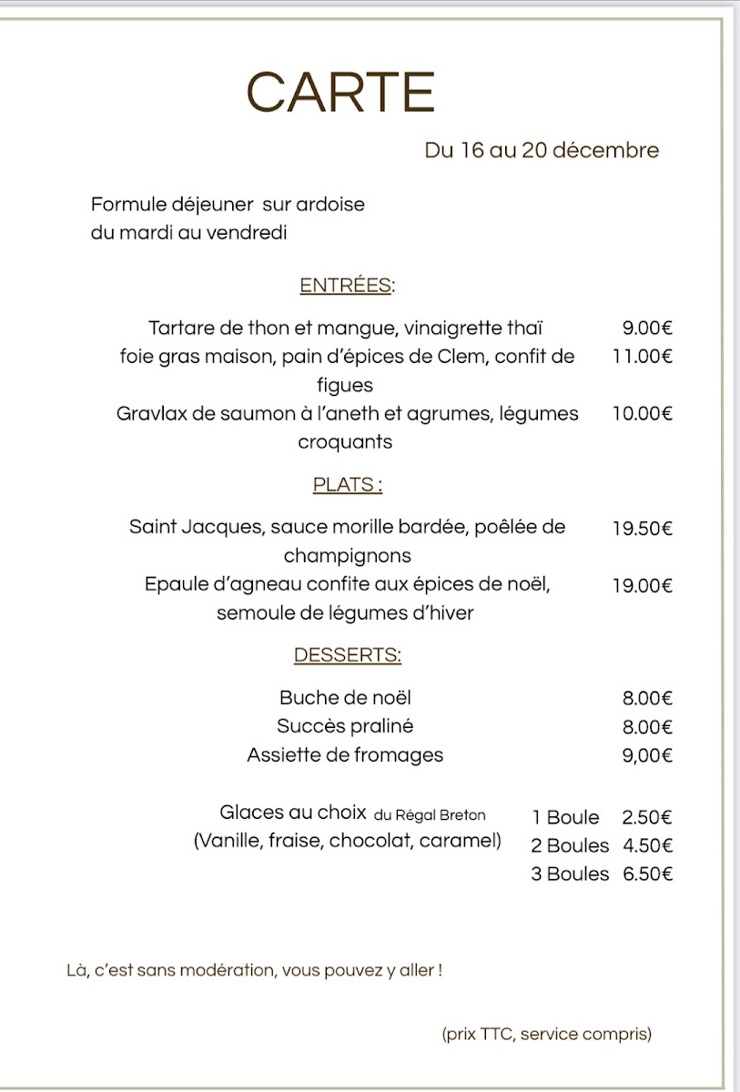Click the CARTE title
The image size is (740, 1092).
340,93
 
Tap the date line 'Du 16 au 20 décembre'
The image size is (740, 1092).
542,150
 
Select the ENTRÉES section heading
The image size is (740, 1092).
346,286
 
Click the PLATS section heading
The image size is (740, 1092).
347,485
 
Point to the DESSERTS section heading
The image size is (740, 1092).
347,655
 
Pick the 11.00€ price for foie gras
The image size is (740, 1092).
643,357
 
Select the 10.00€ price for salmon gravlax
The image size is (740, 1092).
643,414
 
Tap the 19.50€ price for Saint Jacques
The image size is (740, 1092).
643,528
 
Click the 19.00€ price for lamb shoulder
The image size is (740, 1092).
643,585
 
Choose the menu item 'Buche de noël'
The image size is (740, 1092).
345,698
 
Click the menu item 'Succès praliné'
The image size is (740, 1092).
345,726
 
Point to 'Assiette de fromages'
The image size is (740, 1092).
345,754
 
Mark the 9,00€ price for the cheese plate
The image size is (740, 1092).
647,754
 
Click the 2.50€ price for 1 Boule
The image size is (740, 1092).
647,817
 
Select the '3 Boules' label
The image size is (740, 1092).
570,874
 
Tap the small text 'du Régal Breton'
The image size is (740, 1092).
430,815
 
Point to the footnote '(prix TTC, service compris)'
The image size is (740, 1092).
547,1034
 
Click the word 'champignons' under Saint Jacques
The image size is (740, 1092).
347,555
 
